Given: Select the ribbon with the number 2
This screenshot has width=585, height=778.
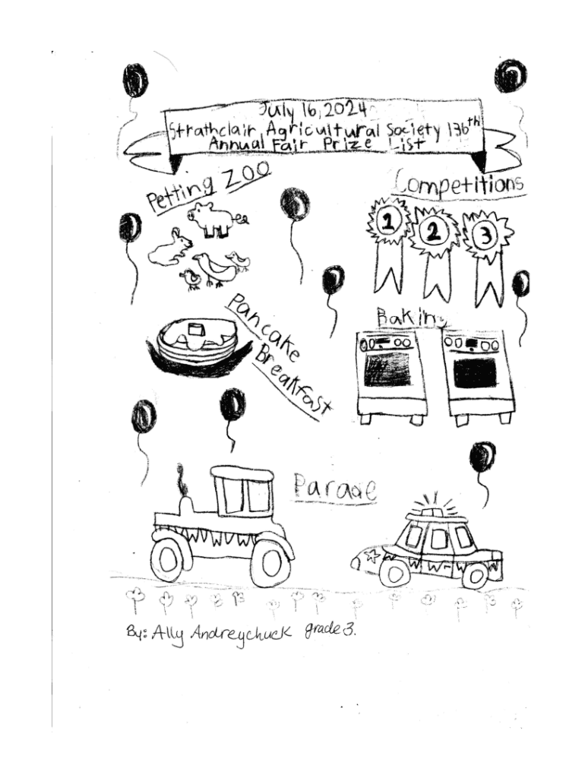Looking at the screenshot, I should point(434,232).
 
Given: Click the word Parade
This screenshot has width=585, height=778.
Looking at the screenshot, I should point(335,489).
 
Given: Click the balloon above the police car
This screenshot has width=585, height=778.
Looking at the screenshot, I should point(482,457).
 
